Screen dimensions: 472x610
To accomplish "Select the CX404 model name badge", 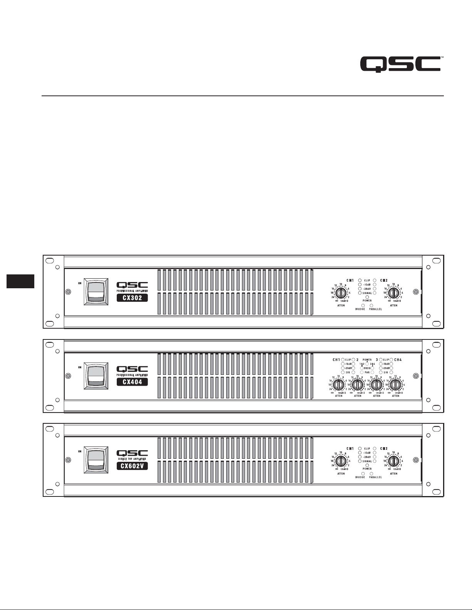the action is [x=132, y=382].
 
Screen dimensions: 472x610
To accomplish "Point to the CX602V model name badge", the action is [x=132, y=466].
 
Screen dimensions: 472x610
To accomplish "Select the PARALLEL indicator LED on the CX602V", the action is [x=371, y=473].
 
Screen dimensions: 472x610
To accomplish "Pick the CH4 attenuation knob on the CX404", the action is [x=395, y=384].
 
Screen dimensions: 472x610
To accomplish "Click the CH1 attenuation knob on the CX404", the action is [x=339, y=384].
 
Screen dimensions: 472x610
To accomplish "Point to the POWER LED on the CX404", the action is [x=367, y=364].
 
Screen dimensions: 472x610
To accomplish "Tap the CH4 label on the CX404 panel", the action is [x=398, y=360].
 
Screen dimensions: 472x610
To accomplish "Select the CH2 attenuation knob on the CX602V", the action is [x=393, y=461].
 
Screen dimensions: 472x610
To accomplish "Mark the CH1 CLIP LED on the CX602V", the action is [x=360, y=449].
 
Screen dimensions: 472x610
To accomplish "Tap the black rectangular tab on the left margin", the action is [x=20, y=281].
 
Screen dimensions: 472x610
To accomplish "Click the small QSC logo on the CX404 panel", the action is [x=132, y=369].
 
